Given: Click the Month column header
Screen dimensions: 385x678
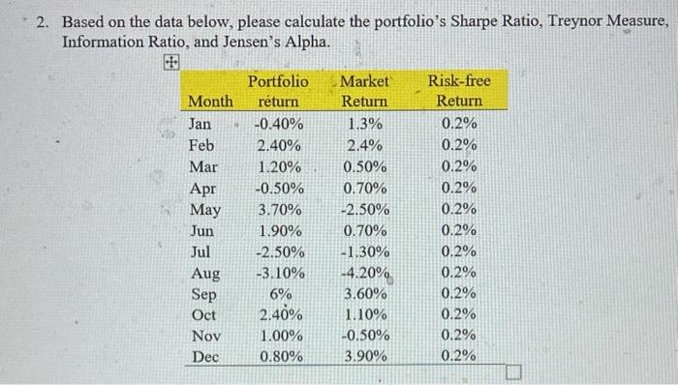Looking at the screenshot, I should pos(210,101).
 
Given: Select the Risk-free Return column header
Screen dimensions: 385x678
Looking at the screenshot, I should pos(459,91).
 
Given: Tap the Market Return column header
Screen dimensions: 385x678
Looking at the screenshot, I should pos(365,91).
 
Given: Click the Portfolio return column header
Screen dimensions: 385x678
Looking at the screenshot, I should pos(278,91).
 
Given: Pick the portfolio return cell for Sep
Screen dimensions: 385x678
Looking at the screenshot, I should pos(280,293).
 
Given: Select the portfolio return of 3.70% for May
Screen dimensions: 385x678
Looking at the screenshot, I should pos(279,209).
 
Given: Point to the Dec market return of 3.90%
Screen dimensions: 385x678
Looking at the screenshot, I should pos(366,356).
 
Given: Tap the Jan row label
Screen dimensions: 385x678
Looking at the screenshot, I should pos(199,124).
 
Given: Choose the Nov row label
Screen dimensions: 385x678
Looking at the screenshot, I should pos(201,335).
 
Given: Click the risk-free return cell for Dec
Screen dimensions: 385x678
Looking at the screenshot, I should pos(458,356).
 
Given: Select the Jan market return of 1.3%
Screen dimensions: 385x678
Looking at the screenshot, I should pos(364,124).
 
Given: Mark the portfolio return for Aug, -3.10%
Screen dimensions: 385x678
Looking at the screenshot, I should pos(279,272).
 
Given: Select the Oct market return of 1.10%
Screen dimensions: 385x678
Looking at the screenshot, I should pos(366,314).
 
